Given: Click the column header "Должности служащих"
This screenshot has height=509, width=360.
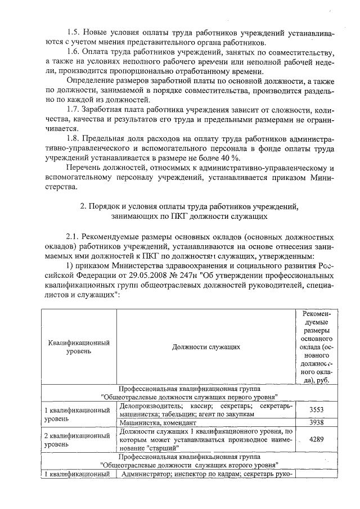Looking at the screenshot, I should (206, 347).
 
